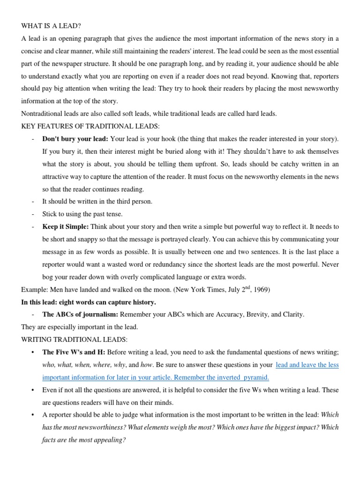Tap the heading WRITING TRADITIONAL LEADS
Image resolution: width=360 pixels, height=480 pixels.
click(x=74, y=339)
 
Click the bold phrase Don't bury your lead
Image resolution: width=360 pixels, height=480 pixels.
click(x=75, y=139)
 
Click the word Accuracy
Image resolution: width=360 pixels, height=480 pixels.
click(x=228, y=314)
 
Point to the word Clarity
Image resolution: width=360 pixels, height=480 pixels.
click(x=292, y=314)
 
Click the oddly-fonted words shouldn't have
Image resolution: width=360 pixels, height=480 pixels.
click(x=264, y=152)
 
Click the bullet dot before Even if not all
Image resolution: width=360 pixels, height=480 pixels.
click(x=32, y=390)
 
